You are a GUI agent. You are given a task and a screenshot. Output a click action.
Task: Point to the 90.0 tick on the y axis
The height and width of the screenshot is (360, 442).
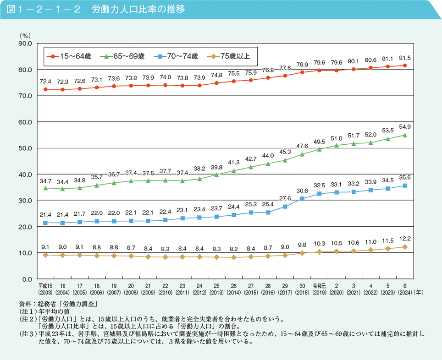point(23,44)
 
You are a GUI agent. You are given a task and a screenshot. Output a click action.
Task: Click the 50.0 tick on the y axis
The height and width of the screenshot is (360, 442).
point(23,148)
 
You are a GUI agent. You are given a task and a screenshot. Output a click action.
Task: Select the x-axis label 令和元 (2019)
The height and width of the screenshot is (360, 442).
point(319,289)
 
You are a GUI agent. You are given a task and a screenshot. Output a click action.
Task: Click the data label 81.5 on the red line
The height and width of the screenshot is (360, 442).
point(405,58)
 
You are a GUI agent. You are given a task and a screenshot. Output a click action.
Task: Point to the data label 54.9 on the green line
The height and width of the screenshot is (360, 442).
point(405,126)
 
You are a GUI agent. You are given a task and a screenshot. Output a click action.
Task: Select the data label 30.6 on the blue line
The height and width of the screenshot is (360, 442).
point(302,190)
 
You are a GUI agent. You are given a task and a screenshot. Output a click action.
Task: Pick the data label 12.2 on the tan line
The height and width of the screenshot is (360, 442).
point(405,238)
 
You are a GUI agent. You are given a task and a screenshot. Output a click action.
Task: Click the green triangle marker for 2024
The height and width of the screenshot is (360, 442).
point(405,135)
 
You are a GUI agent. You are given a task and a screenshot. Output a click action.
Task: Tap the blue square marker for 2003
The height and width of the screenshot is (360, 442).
point(45,223)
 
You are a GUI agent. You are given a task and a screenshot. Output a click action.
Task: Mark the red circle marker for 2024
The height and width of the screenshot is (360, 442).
point(405,65)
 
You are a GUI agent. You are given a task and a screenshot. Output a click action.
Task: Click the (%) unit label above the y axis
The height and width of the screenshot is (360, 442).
point(24,35)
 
